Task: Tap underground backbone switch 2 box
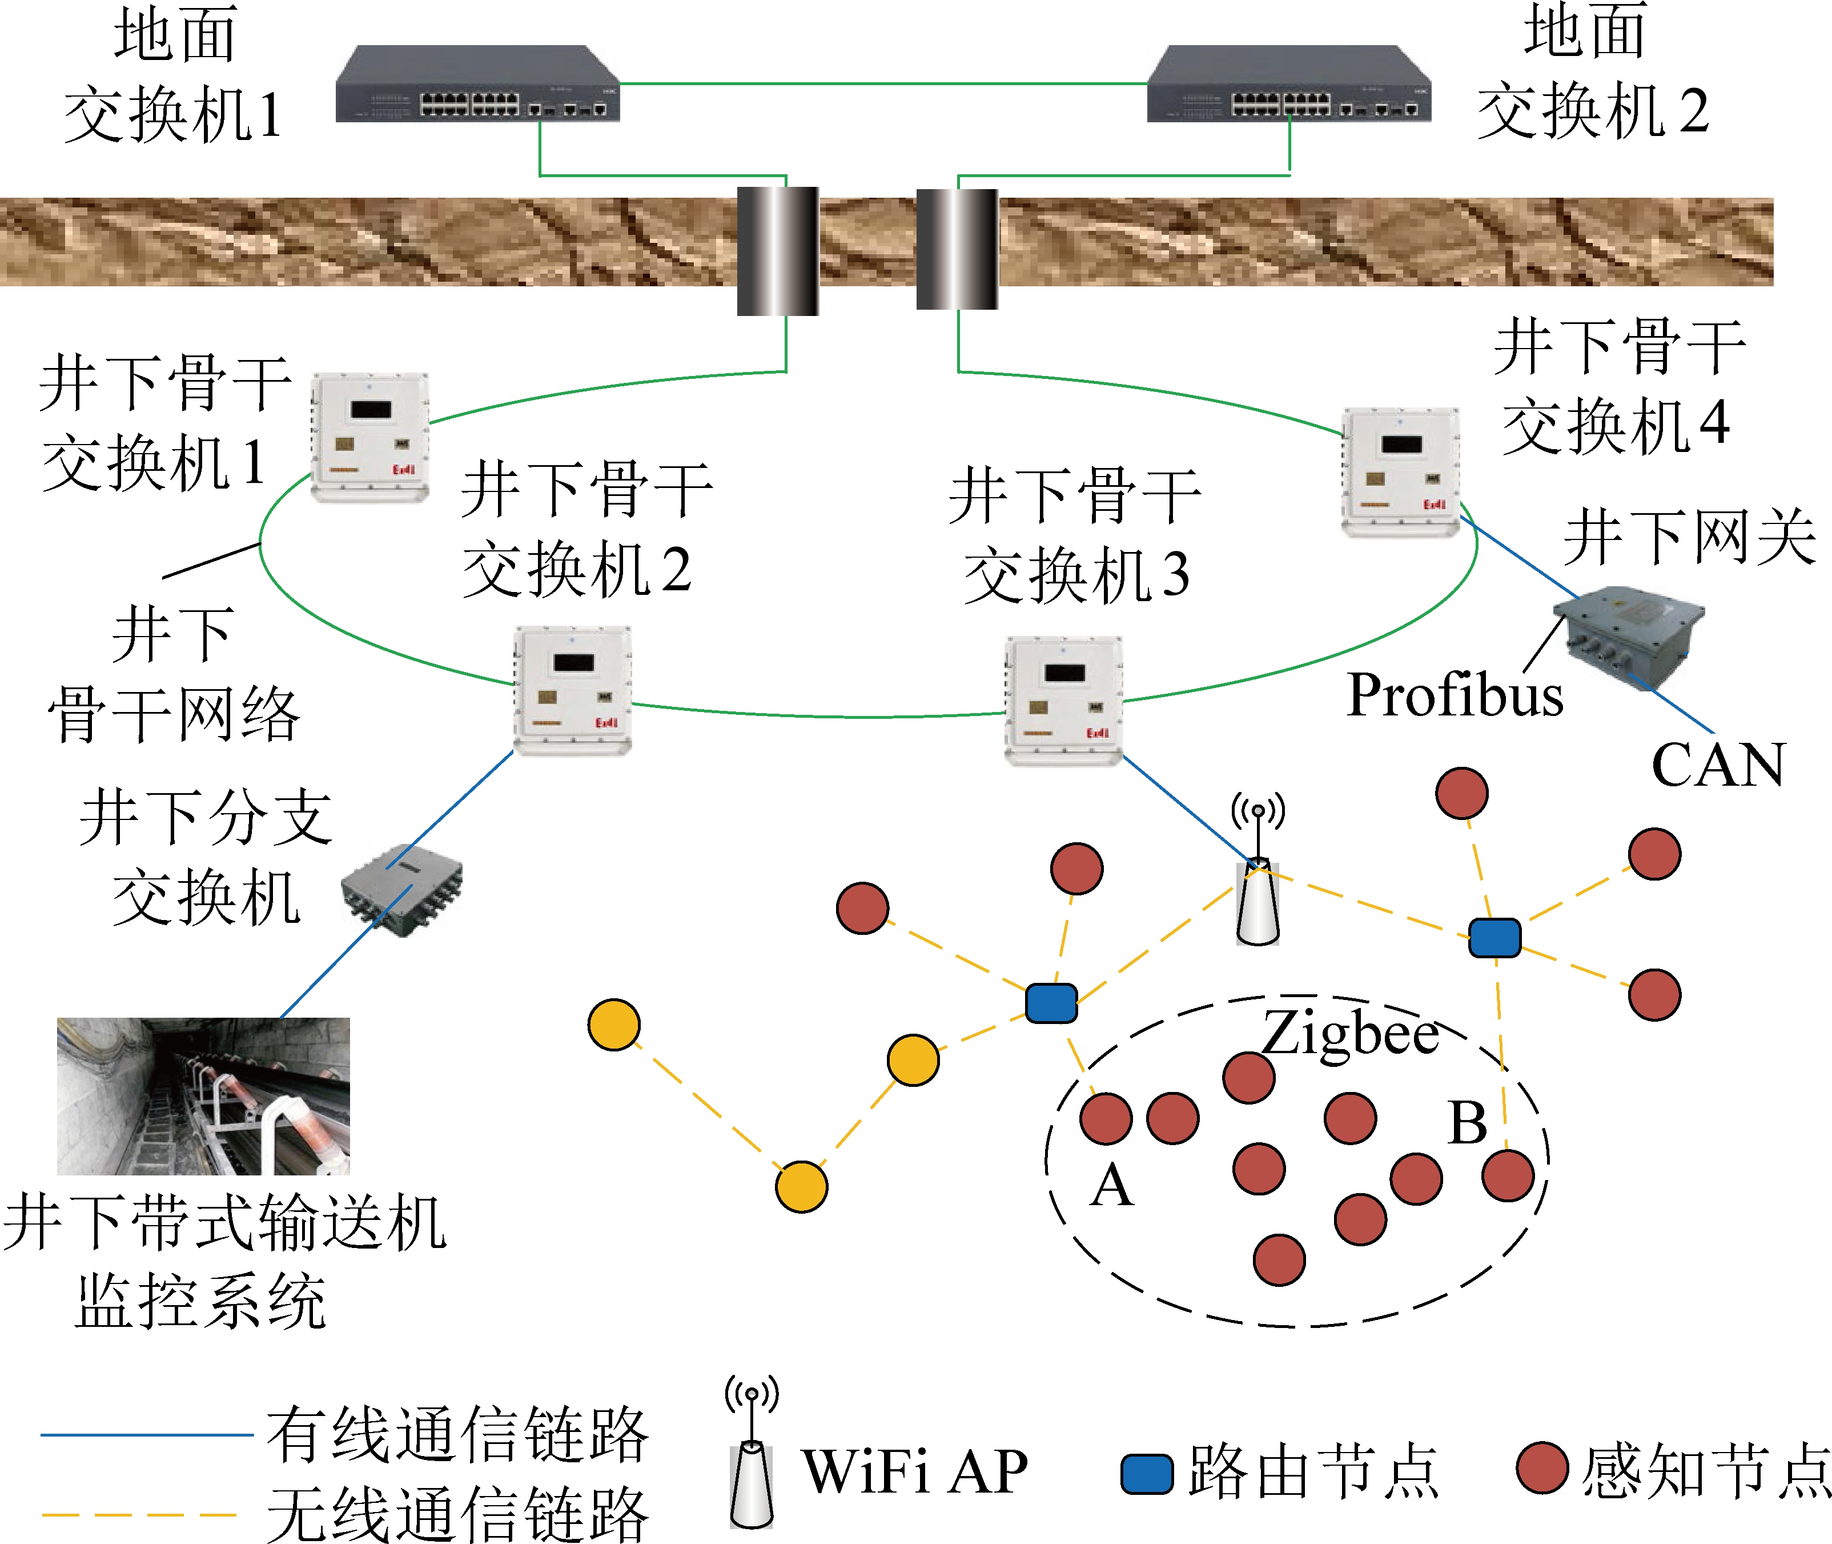(x=573, y=690)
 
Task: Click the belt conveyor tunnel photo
(x=203, y=1096)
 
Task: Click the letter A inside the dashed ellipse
(x=1112, y=1186)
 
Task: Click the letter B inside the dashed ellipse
(x=1467, y=1123)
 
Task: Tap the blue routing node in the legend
(x=1147, y=1474)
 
